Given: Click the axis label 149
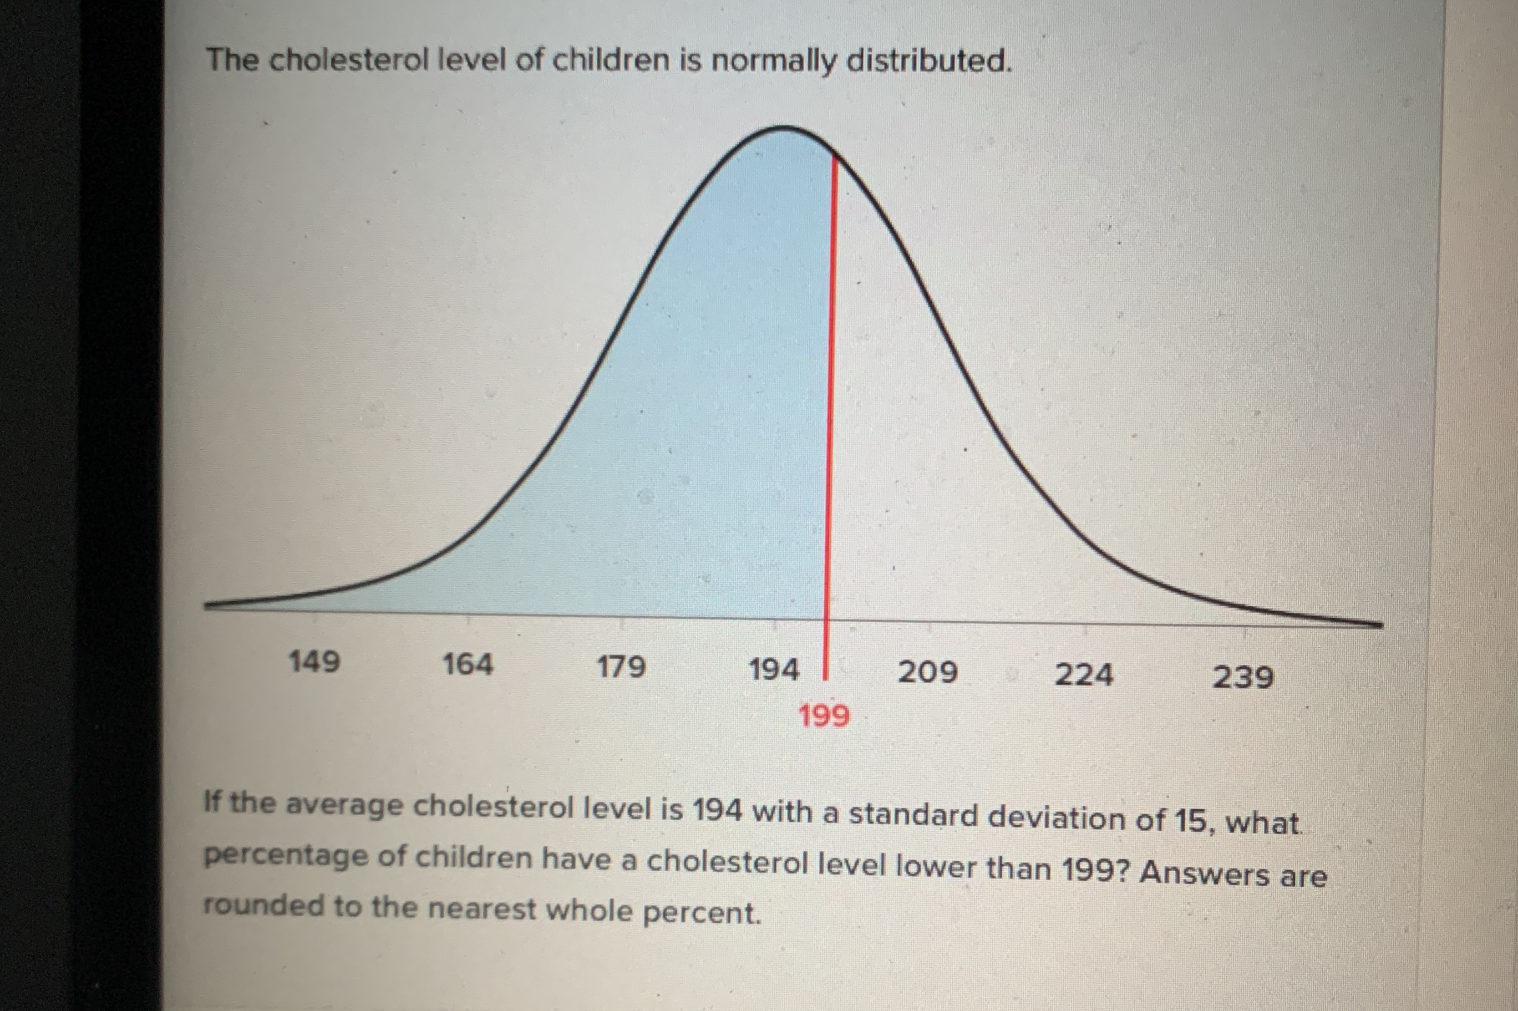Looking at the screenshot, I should click(314, 662).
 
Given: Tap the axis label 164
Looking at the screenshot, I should click(468, 664).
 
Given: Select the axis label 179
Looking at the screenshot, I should click(621, 667).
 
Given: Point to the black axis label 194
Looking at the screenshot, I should click(773, 669).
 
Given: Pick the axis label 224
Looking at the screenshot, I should click(1083, 675).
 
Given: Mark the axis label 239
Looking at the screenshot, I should click(1243, 678).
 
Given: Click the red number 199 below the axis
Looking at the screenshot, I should click(824, 716).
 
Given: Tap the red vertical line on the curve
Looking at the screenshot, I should click(830, 387).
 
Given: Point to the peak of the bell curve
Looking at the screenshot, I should click(784, 128).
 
